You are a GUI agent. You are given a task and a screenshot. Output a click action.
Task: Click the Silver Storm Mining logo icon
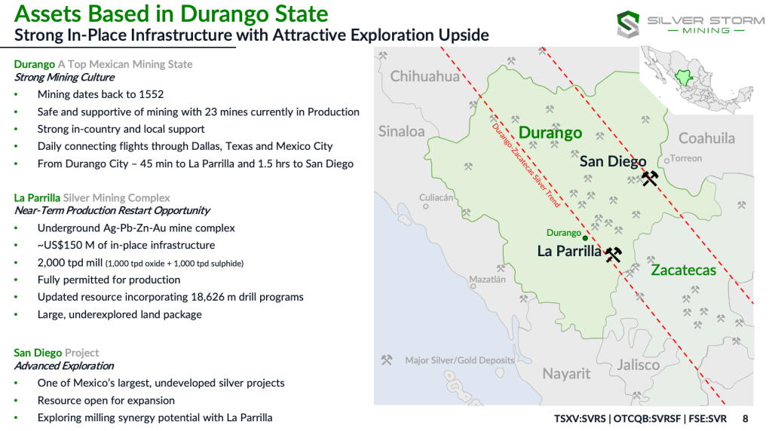point(628,25)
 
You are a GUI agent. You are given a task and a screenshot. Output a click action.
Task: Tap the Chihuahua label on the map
point(424,76)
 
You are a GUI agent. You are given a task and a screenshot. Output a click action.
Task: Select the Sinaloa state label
point(401,131)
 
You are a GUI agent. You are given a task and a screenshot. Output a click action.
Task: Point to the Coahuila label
point(706,138)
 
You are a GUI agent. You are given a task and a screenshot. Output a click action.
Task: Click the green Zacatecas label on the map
point(683,270)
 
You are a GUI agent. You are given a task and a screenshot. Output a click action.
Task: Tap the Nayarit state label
point(566,374)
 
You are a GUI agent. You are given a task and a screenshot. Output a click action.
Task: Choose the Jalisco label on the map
point(638,365)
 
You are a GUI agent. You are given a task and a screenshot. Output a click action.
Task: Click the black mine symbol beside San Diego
point(650,178)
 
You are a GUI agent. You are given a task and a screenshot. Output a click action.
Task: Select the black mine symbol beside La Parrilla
point(613,255)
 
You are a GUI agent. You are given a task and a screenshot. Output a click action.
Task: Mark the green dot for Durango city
point(585,238)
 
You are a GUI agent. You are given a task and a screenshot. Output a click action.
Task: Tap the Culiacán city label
point(436,197)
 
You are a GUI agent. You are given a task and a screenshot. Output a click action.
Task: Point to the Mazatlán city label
point(487,280)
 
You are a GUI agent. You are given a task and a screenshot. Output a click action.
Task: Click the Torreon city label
point(686,158)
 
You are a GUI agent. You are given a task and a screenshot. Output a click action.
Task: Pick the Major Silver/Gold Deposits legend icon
point(387,360)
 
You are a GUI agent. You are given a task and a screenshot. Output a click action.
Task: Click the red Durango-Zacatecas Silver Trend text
point(525,165)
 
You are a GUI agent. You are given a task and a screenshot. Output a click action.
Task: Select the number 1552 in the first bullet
point(151,94)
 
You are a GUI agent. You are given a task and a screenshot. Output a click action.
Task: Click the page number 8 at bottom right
point(746,419)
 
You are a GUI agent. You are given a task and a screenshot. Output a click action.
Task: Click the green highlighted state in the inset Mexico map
point(683,78)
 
